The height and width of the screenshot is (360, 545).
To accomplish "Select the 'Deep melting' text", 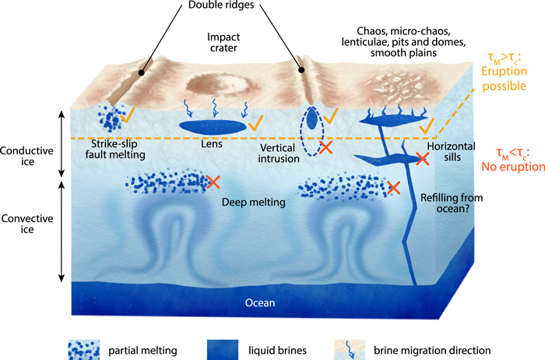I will [253, 201].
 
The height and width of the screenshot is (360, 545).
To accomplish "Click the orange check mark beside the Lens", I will [258, 122].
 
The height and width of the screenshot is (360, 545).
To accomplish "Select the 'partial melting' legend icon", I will [83, 344].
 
